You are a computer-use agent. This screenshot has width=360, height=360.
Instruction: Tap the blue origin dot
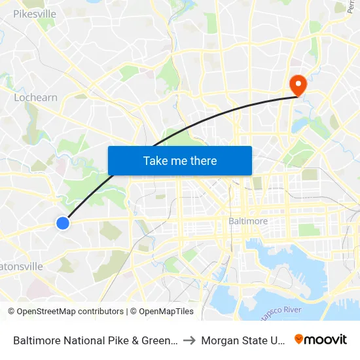tap(63, 223)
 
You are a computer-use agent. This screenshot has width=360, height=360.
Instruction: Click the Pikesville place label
tap(35, 13)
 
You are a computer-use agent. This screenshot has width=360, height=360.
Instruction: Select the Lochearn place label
tap(35, 98)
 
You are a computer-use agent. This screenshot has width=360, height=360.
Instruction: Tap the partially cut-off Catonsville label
tap(22, 266)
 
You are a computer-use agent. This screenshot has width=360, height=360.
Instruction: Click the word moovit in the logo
tap(326, 339)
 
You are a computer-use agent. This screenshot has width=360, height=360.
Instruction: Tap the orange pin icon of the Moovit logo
tap(299, 339)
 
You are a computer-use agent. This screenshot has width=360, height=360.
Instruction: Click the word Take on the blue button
tap(156, 161)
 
